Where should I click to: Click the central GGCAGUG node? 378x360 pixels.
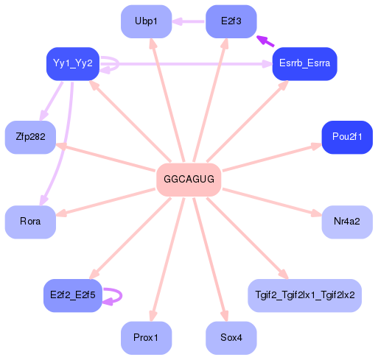click(189, 179)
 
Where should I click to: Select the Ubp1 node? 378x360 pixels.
click(146, 21)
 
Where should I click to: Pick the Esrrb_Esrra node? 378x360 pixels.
click(304, 64)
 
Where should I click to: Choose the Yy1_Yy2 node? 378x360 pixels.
click(72, 63)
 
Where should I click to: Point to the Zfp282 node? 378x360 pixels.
click(30, 138)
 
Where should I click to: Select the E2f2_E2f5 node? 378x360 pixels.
click(72, 296)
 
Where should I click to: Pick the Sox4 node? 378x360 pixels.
click(231, 338)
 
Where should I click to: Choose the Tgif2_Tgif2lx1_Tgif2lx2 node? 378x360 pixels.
click(304, 296)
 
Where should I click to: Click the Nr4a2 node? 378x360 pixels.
click(346, 222)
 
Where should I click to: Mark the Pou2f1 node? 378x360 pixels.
click(346, 138)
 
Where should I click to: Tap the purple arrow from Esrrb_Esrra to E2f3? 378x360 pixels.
click(265, 41)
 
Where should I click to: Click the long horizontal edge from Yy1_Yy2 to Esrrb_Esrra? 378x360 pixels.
click(192, 64)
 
